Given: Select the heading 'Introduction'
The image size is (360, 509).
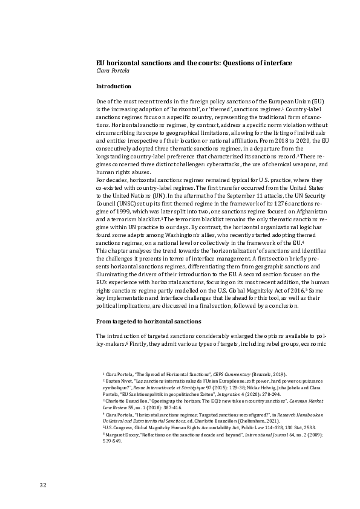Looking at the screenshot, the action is pos(113,86).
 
